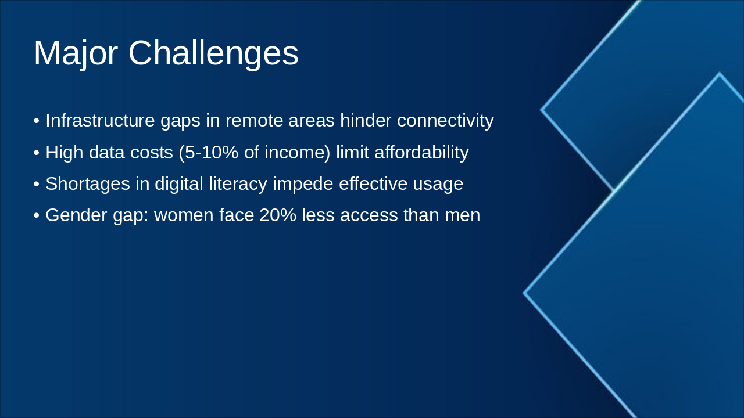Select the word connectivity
coord(445,121)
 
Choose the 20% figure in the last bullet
coord(278,215)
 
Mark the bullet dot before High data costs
coord(37,153)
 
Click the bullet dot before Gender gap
coord(37,216)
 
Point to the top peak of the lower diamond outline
coord(720,74)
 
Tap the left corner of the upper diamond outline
coord(542,109)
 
